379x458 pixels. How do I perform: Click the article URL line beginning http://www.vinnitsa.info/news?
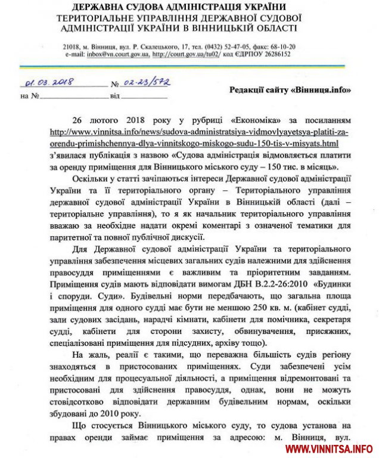pos(206,132)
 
